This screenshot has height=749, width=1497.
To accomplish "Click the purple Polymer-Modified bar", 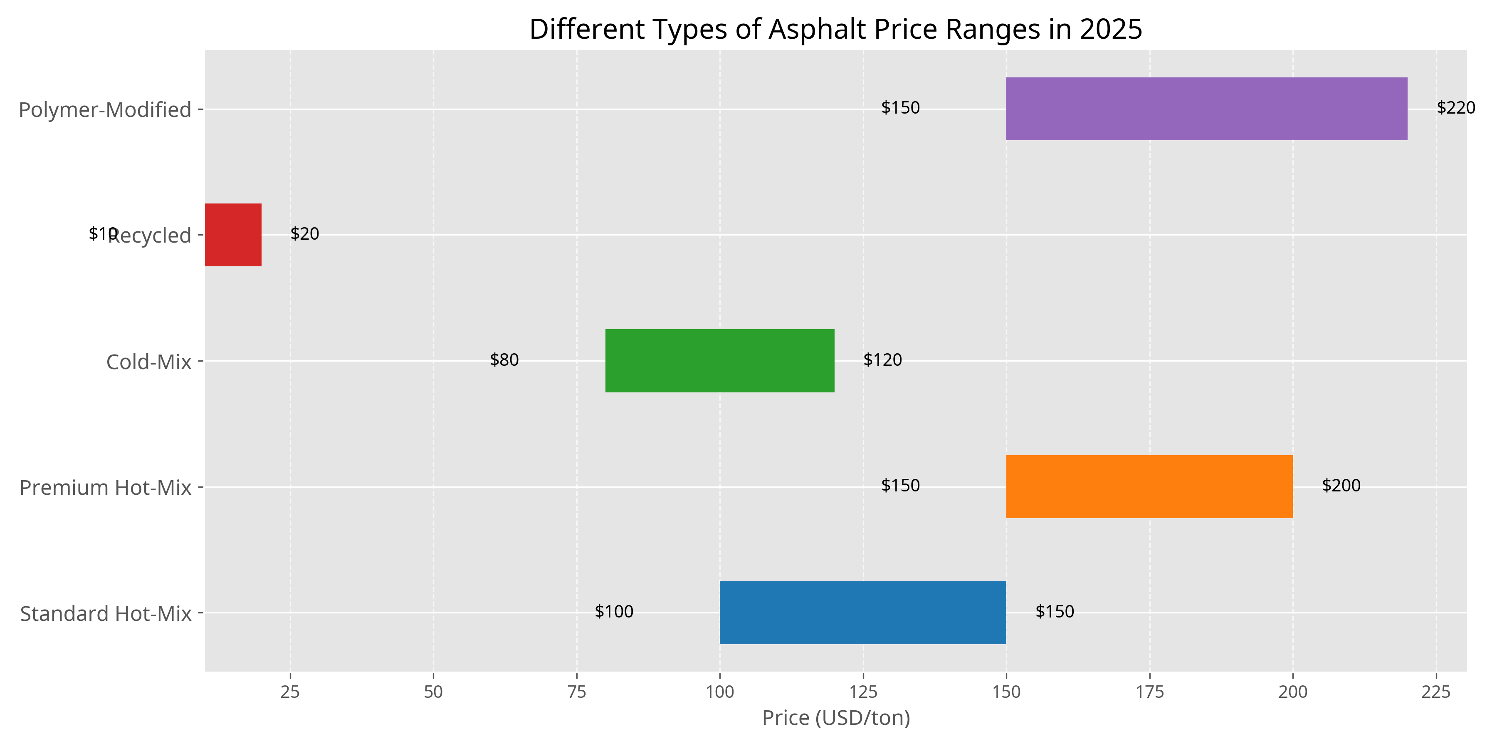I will coord(1206,109).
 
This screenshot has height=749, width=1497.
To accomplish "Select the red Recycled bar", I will coord(233,235).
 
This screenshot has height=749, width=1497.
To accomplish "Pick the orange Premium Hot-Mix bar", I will coord(1149,487).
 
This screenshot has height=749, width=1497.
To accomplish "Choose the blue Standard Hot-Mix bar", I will coord(862,613).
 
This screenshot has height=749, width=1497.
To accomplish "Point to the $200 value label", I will coord(1341,486).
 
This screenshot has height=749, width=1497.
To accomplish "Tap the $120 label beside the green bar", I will coord(882,360).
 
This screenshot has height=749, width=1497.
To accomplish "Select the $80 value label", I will coord(504,360).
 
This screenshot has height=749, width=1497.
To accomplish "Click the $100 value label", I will coord(614,612).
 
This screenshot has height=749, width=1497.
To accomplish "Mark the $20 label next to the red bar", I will coord(304,234).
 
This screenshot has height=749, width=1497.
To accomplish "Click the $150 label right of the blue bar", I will coord(1054,612).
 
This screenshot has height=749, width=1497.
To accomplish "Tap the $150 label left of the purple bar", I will coord(900,108).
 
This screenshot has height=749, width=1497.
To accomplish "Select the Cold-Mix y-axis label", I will coord(149,362).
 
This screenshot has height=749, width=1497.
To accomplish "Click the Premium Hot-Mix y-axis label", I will coord(105,487).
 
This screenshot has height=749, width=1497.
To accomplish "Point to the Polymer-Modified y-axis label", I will coord(105,109).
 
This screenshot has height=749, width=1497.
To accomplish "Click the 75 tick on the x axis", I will coord(576,692).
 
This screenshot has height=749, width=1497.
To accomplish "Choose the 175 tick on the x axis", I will coord(1149,692).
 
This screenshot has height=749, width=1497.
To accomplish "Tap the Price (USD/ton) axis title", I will coord(836,718).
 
